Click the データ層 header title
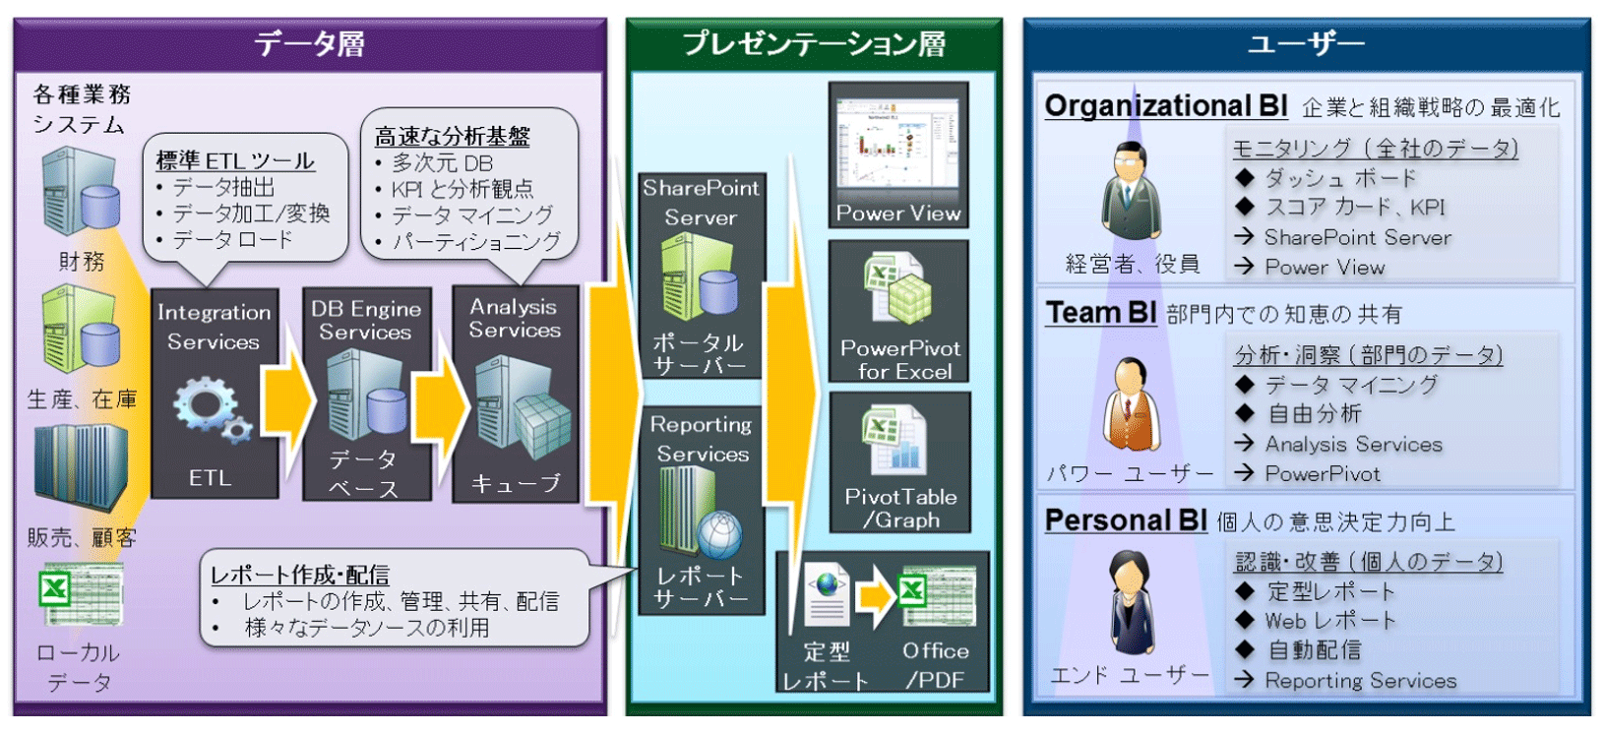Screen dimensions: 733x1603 pos(309,44)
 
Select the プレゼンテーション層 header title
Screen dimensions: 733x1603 pos(814,44)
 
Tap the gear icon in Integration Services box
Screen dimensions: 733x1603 pos(210,407)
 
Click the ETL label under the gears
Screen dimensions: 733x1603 pos(211,478)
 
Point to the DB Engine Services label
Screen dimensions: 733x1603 pos(366,321)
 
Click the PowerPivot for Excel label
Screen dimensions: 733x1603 pos(899,360)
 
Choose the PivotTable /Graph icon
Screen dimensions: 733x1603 pos(894,441)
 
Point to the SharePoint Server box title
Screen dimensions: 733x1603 pos(701,203)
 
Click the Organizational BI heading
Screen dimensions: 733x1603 pos(1165,106)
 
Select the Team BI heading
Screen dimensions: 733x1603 pos(1100,313)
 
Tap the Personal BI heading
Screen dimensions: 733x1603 pos(1125,520)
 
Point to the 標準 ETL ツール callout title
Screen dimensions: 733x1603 pos(235,160)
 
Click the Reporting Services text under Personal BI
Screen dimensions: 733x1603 pos(1360,681)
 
